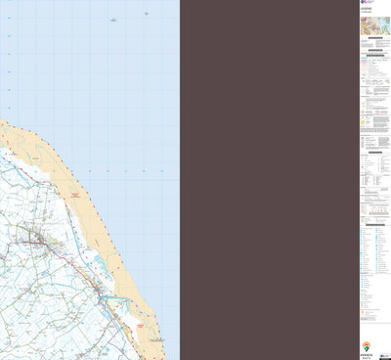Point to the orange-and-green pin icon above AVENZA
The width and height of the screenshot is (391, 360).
coord(367,344)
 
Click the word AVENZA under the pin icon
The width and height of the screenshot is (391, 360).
coord(367,352)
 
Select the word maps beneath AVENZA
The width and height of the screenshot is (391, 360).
coord(367,356)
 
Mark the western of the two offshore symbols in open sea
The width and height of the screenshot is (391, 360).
coord(113,19)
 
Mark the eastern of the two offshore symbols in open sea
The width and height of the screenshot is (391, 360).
coord(146,14)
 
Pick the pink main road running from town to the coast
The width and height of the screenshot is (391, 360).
coord(73,256)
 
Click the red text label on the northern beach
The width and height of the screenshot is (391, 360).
coord(73,198)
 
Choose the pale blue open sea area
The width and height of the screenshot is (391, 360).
coord(88,68)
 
